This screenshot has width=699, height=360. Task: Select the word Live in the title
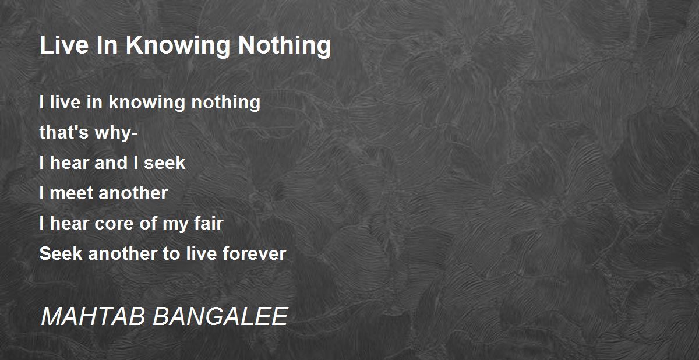pos(64,45)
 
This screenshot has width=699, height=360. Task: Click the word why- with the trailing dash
pos(116,133)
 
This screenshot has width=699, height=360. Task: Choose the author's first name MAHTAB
pos(93,316)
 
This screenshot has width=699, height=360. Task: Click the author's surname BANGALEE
pos(220,316)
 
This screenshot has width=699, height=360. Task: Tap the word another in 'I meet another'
pos(133,193)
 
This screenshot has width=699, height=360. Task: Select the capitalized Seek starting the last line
pos(61,253)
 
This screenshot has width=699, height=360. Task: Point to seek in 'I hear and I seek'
pos(165,163)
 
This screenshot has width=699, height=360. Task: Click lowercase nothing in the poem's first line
pos(225,103)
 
